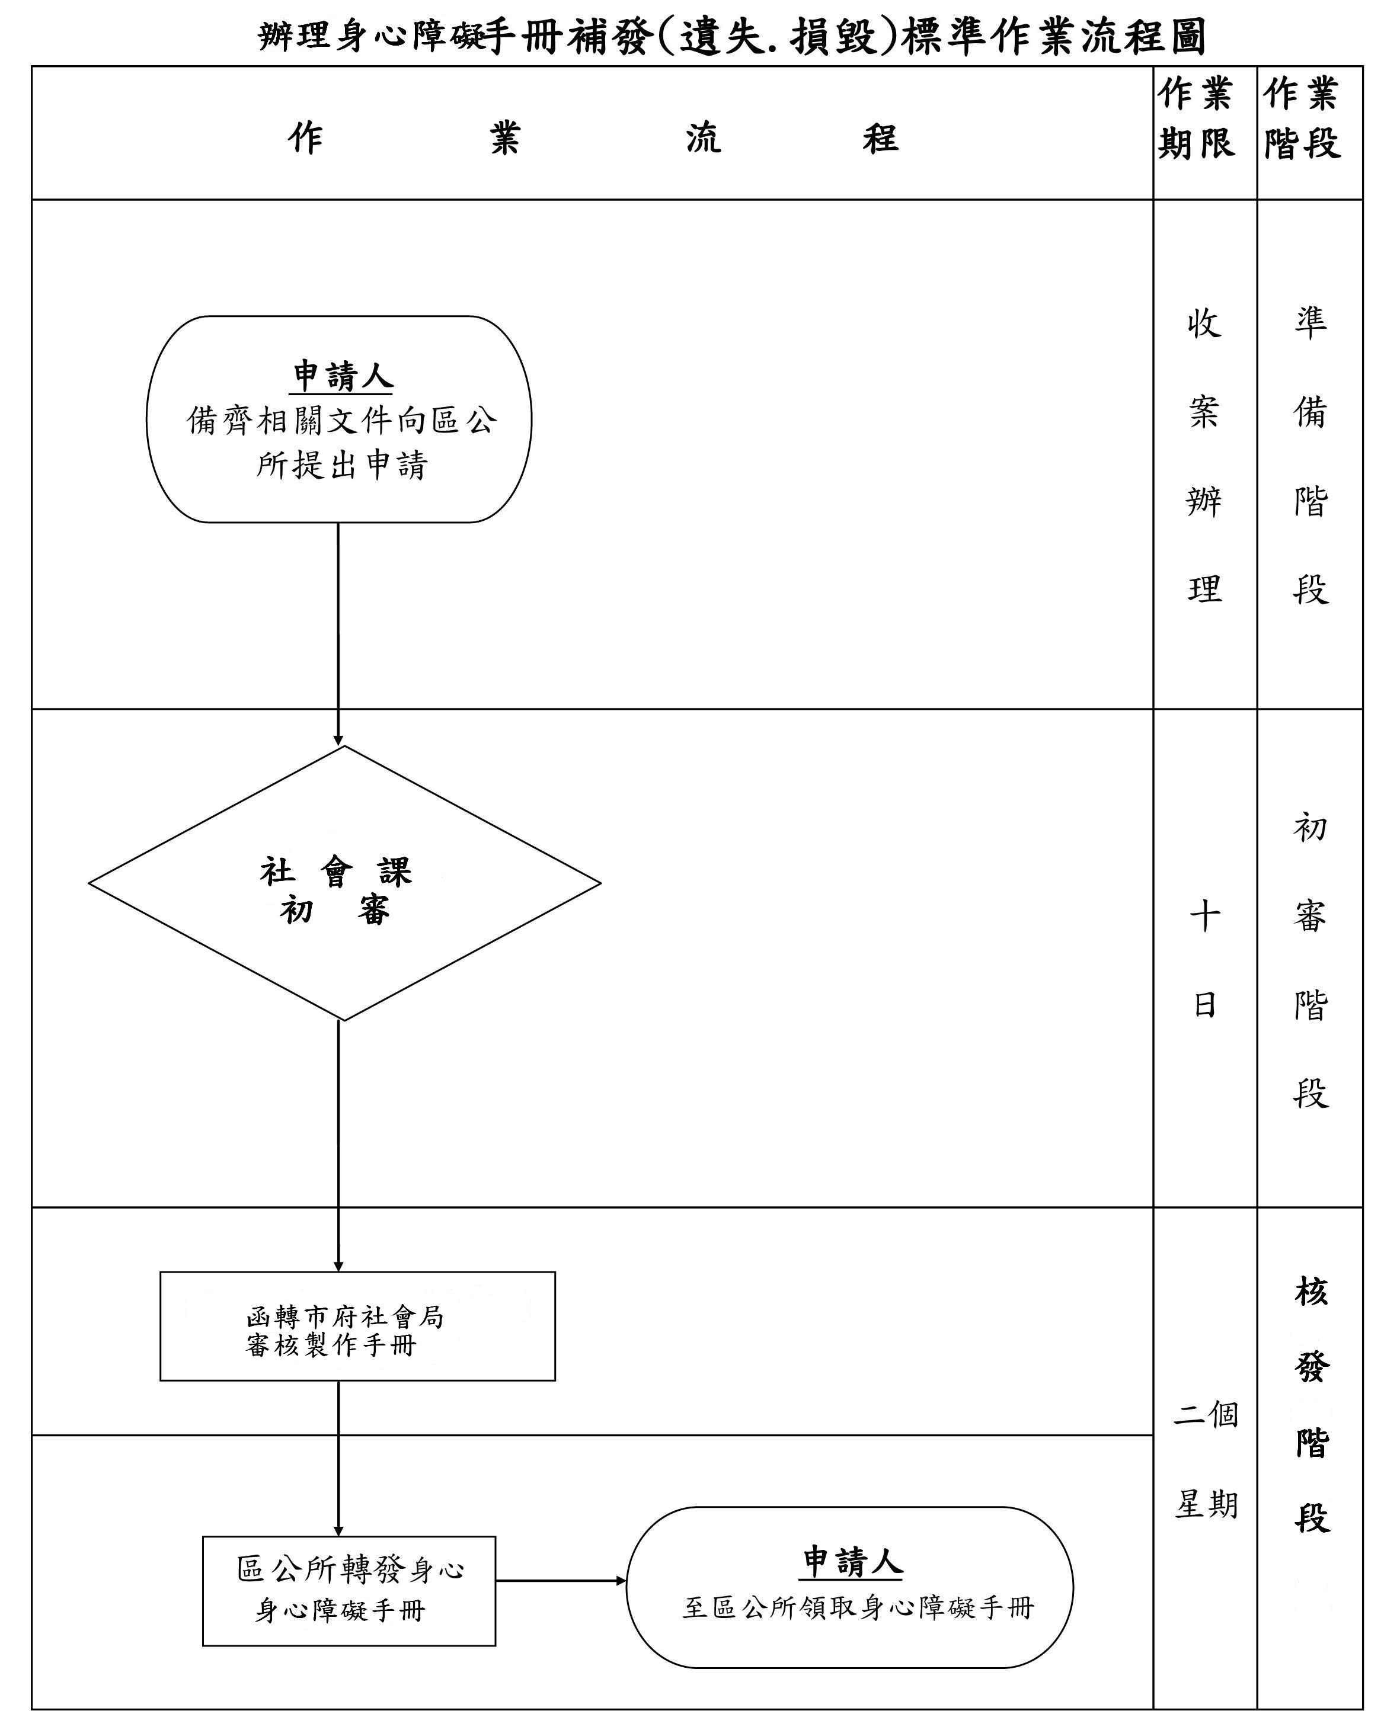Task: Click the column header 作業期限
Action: click(x=1196, y=118)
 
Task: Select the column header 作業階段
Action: click(x=1302, y=118)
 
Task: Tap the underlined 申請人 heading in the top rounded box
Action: click(x=342, y=376)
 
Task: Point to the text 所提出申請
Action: click(x=342, y=465)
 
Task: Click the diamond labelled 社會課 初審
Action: click(x=344, y=883)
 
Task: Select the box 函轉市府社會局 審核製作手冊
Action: click(x=357, y=1326)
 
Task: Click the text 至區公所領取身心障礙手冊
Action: click(x=857, y=1607)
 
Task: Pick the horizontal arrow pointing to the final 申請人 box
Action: click(x=561, y=1581)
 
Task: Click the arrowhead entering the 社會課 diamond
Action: click(x=338, y=740)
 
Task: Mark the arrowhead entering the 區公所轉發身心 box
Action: click(x=338, y=1531)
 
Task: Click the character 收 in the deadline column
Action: click(x=1204, y=323)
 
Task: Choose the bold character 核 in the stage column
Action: click(x=1311, y=1292)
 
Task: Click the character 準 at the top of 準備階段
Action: click(x=1310, y=322)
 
